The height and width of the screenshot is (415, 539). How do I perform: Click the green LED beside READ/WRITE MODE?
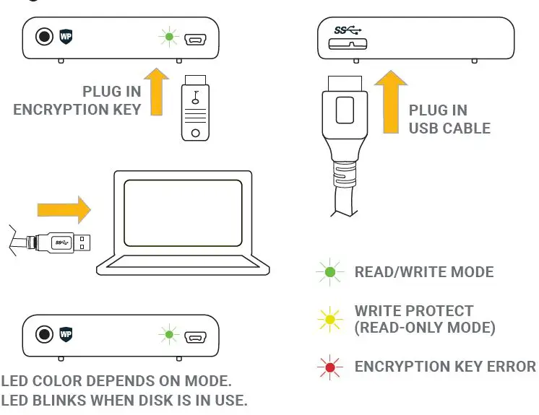(329, 272)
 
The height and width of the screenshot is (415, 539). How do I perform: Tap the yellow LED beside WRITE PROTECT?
(329, 319)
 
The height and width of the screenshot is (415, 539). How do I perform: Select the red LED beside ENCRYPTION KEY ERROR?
(329, 367)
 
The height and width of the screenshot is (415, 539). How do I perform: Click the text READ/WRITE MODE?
(424, 272)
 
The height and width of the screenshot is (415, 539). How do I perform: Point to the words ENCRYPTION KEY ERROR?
(445, 367)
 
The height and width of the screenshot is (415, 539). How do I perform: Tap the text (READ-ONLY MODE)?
(424, 328)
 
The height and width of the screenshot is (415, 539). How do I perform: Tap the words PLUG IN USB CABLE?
(449, 119)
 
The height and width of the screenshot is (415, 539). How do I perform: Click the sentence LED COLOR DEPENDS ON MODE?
(116, 380)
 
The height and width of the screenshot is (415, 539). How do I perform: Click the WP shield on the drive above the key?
(67, 35)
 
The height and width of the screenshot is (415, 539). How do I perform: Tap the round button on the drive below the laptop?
(46, 335)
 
